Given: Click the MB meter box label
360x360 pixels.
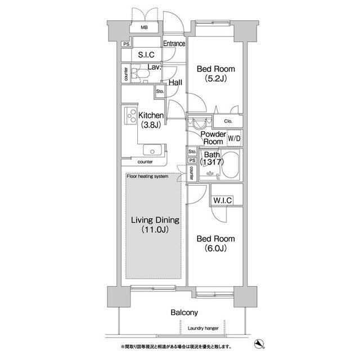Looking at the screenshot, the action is coord(144,28).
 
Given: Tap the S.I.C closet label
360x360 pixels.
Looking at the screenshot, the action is coord(146,55).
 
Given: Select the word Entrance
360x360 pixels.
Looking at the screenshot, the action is coord(174,43).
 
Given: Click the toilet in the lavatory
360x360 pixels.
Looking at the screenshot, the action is coord(141,74).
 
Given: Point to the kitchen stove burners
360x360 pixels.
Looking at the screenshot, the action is coord(131,116).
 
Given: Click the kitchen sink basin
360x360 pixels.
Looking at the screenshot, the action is coord(152,150).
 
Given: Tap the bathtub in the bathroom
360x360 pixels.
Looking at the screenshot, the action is coord(230,164).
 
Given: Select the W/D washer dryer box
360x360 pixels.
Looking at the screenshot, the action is coord(235,138).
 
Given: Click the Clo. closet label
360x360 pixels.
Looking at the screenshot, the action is coord(228,121).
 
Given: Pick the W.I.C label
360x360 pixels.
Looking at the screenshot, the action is coord(222,200).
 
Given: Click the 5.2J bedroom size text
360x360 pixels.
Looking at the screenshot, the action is coord(215,79).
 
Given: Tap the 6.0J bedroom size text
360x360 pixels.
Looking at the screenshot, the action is coord(215,248).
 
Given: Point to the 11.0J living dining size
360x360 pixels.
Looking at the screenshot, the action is coord(155,229).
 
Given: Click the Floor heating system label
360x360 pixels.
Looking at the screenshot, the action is coord(147,176).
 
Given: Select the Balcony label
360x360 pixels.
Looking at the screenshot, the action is coord(184,313).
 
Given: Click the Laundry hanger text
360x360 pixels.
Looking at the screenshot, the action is coord(203,328).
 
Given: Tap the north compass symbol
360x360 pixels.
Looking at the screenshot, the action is coord(259,344).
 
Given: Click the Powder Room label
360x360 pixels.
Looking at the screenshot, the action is coord(213,138).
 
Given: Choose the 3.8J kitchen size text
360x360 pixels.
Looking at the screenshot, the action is coord(151,125).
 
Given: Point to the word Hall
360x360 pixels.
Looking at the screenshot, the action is coord(175,82).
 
